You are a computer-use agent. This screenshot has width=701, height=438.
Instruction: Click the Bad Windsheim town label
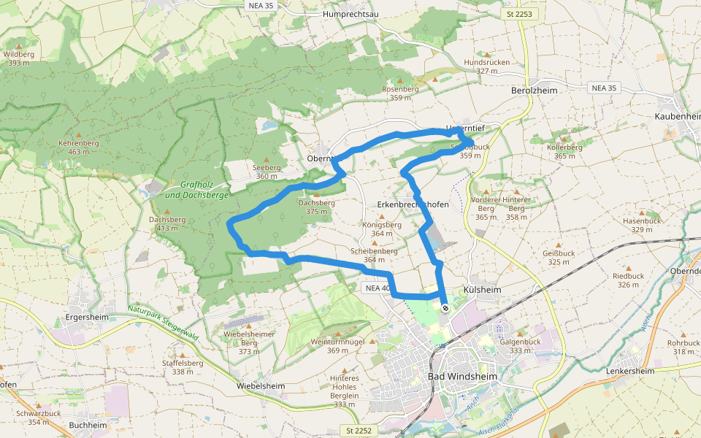462,377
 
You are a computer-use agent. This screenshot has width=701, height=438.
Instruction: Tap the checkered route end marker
445,308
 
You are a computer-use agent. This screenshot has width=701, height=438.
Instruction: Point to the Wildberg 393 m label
19,58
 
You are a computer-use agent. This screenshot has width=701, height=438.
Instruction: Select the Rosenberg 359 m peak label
401,93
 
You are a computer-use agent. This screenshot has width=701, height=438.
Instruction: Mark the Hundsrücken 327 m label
487,66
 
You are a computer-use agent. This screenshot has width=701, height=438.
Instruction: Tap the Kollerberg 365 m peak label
565,151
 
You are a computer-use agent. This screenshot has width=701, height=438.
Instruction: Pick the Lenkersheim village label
630,371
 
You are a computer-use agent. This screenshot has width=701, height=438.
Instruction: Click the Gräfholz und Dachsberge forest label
197,190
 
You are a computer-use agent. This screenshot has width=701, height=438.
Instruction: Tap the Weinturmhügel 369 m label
337,345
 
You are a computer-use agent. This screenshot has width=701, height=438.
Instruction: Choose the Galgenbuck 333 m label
520,345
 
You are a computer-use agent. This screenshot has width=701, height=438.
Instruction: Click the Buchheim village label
88,425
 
